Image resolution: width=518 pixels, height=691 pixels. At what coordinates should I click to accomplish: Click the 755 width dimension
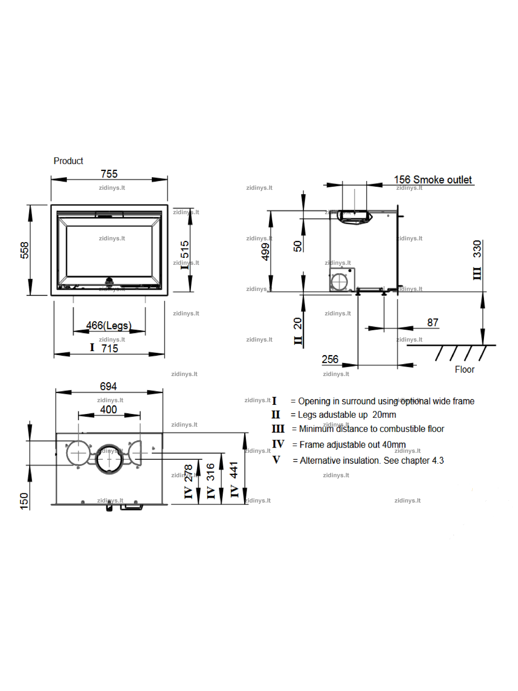(109, 174)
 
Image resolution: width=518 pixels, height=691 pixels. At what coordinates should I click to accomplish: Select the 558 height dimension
(24, 250)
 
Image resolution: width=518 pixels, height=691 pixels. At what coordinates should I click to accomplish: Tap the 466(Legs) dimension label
(109, 325)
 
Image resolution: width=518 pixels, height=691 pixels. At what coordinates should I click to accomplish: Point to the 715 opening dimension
(109, 349)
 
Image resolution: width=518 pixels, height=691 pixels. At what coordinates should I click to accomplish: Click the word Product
(68, 161)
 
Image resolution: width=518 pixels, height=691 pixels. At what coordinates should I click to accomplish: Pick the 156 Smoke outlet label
(433, 180)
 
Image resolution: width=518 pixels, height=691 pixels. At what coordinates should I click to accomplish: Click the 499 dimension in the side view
(266, 252)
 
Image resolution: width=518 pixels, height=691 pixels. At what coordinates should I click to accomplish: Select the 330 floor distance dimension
(477, 249)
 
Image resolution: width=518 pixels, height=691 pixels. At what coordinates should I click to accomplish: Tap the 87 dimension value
(433, 322)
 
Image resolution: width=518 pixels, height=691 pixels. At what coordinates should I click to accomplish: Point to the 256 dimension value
(330, 359)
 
